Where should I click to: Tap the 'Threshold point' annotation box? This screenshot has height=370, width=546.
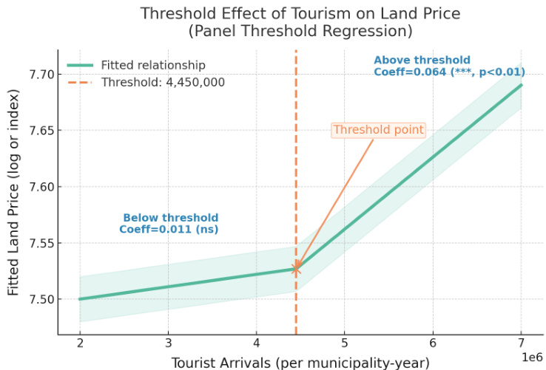378,130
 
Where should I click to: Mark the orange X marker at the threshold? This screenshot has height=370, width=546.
296,269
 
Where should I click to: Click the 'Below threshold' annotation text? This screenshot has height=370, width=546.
170,218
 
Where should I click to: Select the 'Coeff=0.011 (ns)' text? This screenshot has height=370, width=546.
169,230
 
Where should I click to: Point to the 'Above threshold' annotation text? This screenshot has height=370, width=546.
421,60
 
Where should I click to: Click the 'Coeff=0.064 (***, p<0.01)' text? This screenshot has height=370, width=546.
449,72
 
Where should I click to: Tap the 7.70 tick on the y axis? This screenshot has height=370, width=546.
40,75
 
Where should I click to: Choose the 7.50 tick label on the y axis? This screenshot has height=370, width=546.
40,299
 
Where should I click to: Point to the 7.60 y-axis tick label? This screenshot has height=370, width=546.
40,187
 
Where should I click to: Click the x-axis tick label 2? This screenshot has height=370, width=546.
79,343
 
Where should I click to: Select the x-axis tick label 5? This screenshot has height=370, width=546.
344,343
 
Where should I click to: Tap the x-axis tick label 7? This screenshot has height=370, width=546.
521,343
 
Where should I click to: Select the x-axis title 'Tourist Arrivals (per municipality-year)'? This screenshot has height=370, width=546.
300,362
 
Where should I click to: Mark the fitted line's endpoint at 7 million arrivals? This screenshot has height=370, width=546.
521,84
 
